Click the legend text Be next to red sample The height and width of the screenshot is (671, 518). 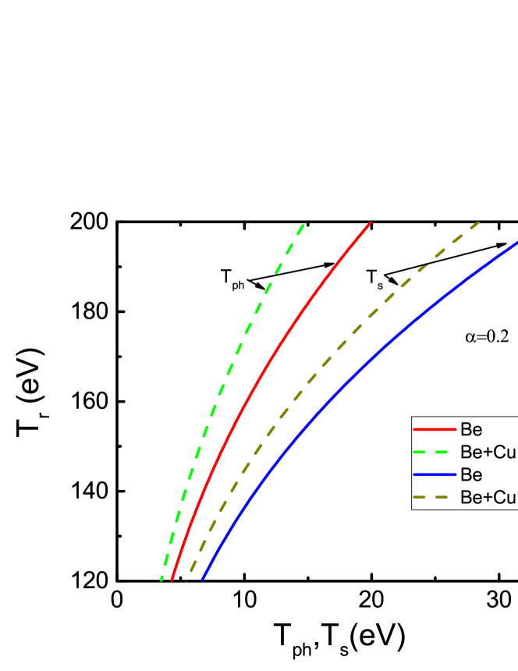(x=471, y=430)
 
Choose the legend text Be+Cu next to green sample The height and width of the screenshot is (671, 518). (x=488, y=453)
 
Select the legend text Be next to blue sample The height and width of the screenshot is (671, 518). (x=471, y=475)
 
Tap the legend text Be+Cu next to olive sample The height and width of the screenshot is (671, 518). (x=488, y=498)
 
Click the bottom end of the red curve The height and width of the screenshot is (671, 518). (x=171, y=580)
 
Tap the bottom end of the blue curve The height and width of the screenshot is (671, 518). (x=202, y=580)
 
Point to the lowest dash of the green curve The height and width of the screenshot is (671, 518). (x=162, y=576)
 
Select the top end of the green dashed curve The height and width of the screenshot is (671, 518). (x=302, y=225)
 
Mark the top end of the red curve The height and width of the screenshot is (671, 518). (x=371, y=223)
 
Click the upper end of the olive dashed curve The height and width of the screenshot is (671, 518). (x=478, y=223)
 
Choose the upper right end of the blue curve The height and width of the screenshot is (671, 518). (x=516, y=243)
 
